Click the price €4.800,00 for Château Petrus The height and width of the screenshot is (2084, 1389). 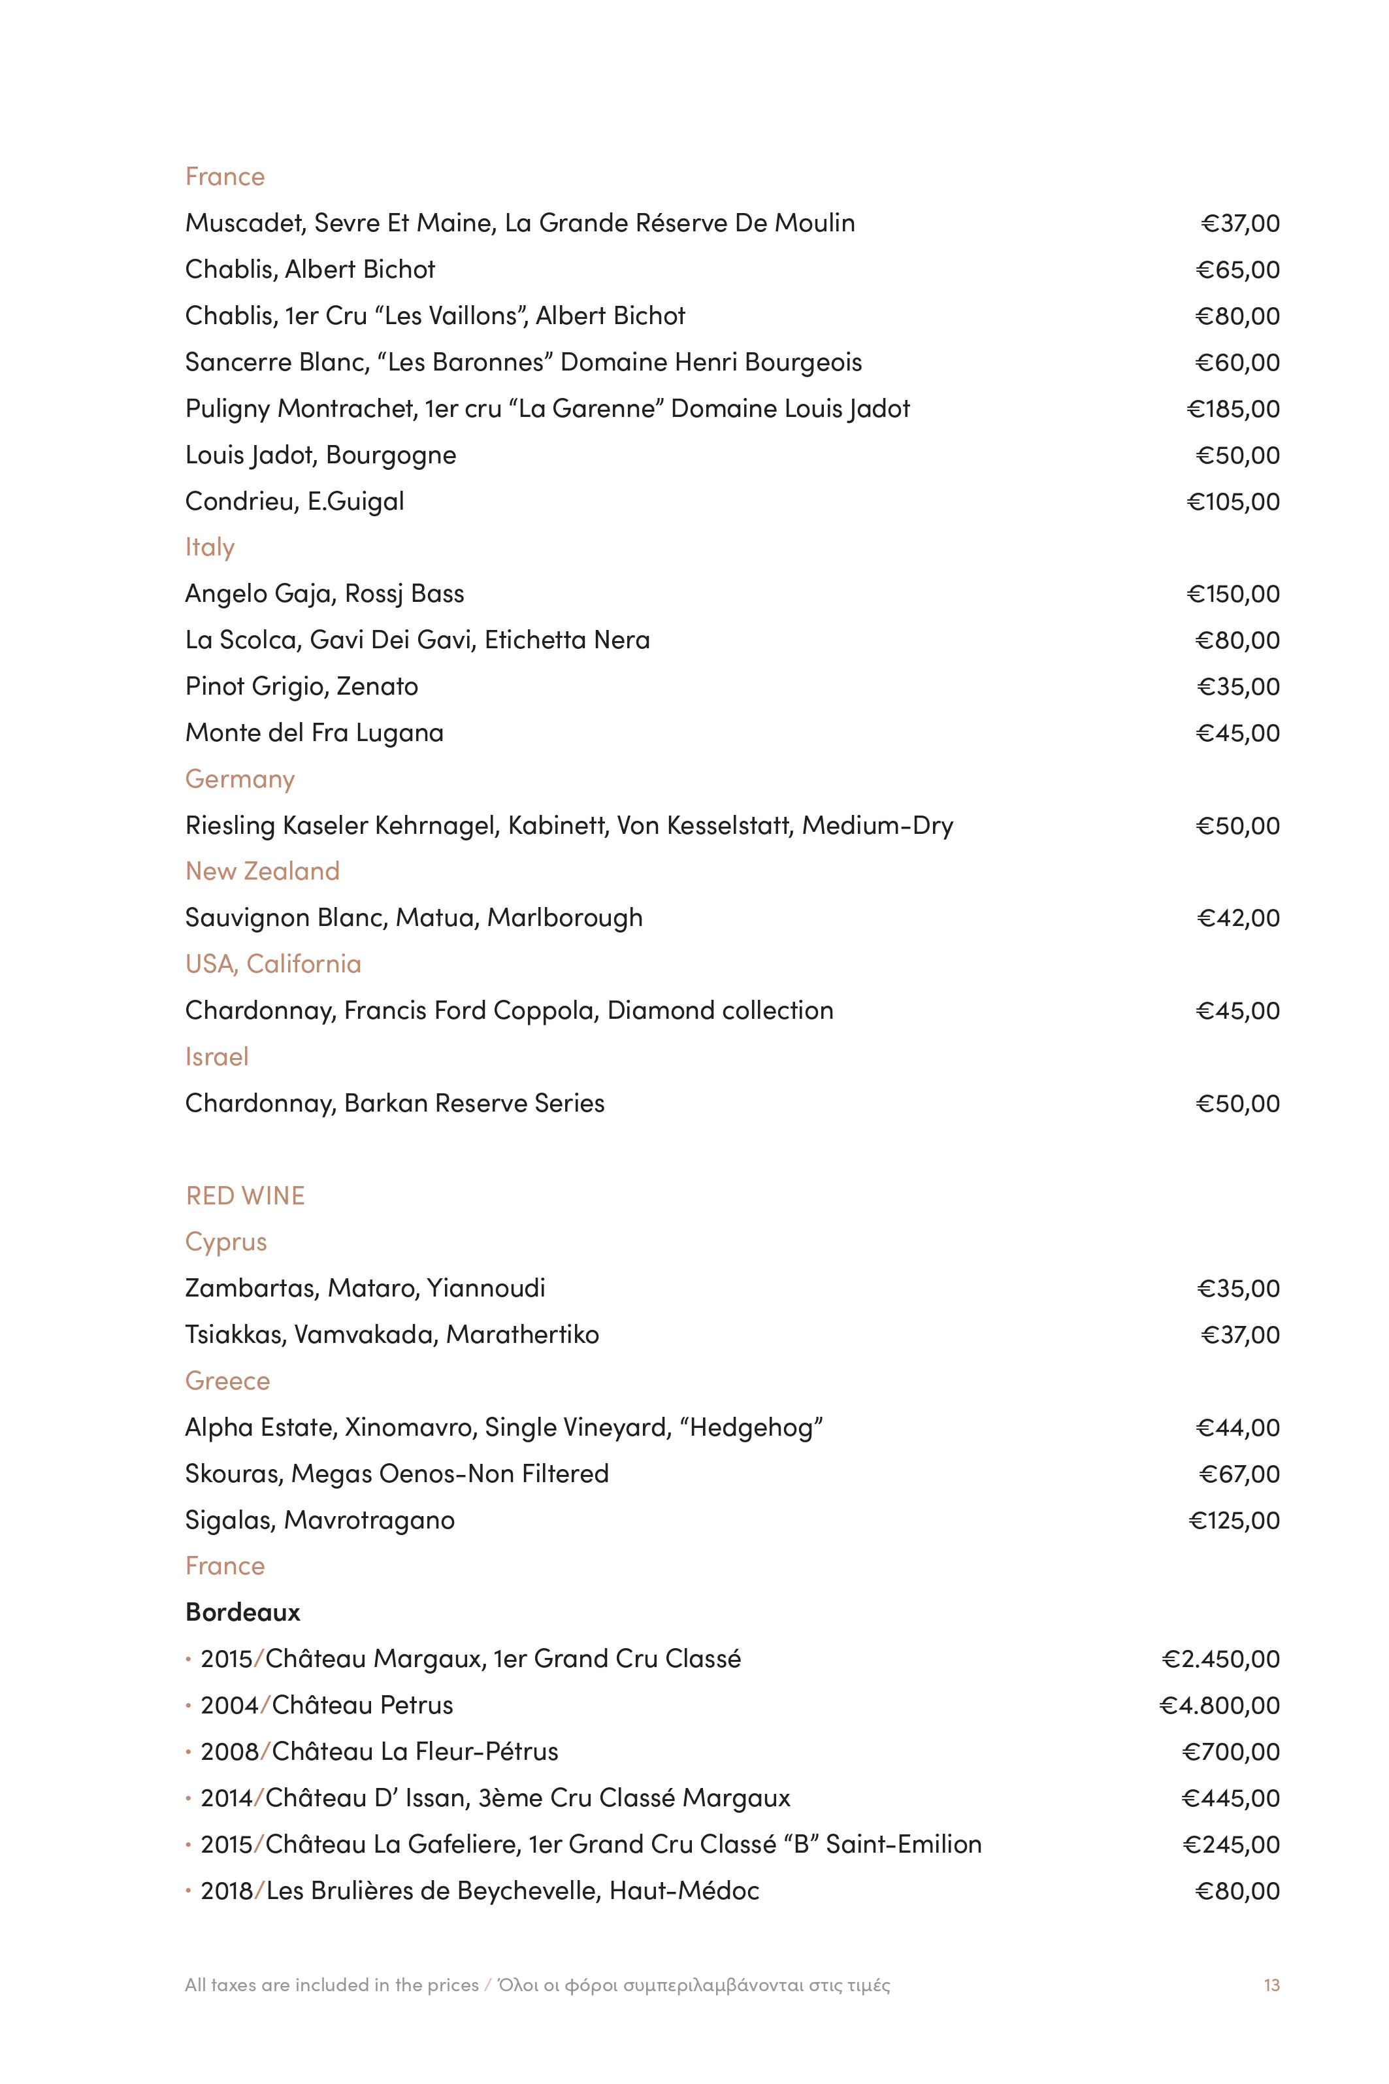pos(1219,1705)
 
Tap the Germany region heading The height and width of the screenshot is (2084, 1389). pos(239,779)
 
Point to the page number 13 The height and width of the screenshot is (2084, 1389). pos(1271,1985)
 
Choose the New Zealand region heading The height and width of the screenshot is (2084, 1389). pos(262,871)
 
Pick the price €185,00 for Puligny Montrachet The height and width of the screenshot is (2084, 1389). pos(1233,408)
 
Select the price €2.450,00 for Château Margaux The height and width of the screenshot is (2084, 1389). pos(1220,1659)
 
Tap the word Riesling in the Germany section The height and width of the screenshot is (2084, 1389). pos(231,826)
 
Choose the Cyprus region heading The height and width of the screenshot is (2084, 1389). pos(226,1242)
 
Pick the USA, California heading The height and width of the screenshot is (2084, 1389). pos(273,964)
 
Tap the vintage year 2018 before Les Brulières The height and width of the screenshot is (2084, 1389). pos(227,1891)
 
